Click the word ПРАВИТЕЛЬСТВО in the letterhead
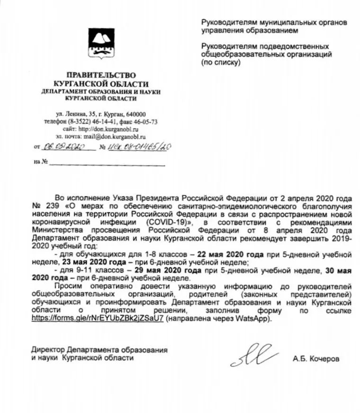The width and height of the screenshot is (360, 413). coord(100,75)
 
